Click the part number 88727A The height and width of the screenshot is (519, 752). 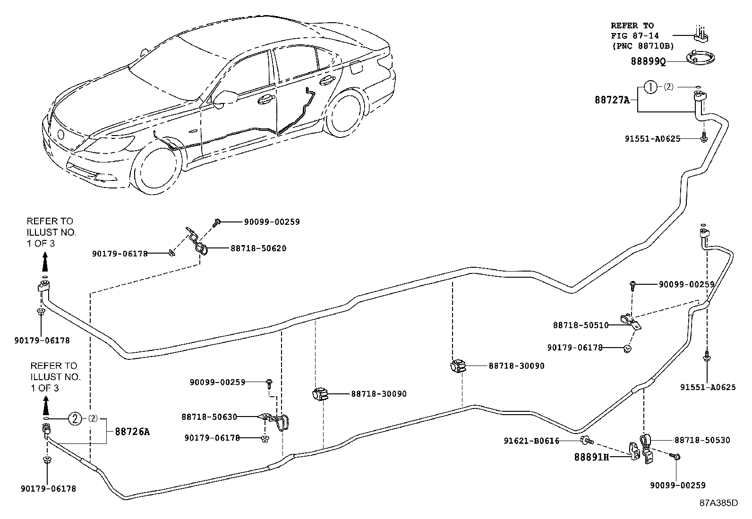point(612,100)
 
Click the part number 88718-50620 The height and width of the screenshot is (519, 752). point(258,248)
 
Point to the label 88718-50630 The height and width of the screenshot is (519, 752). point(209,417)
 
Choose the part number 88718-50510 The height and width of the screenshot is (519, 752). point(581,325)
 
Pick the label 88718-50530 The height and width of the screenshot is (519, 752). point(702,440)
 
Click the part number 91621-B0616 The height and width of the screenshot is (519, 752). point(531,441)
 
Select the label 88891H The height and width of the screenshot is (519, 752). point(591,457)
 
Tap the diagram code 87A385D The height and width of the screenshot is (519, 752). point(718,502)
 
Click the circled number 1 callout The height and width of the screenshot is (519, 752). point(651,87)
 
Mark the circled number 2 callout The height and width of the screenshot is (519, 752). point(75,418)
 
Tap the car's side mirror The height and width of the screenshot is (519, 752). point(224,98)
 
